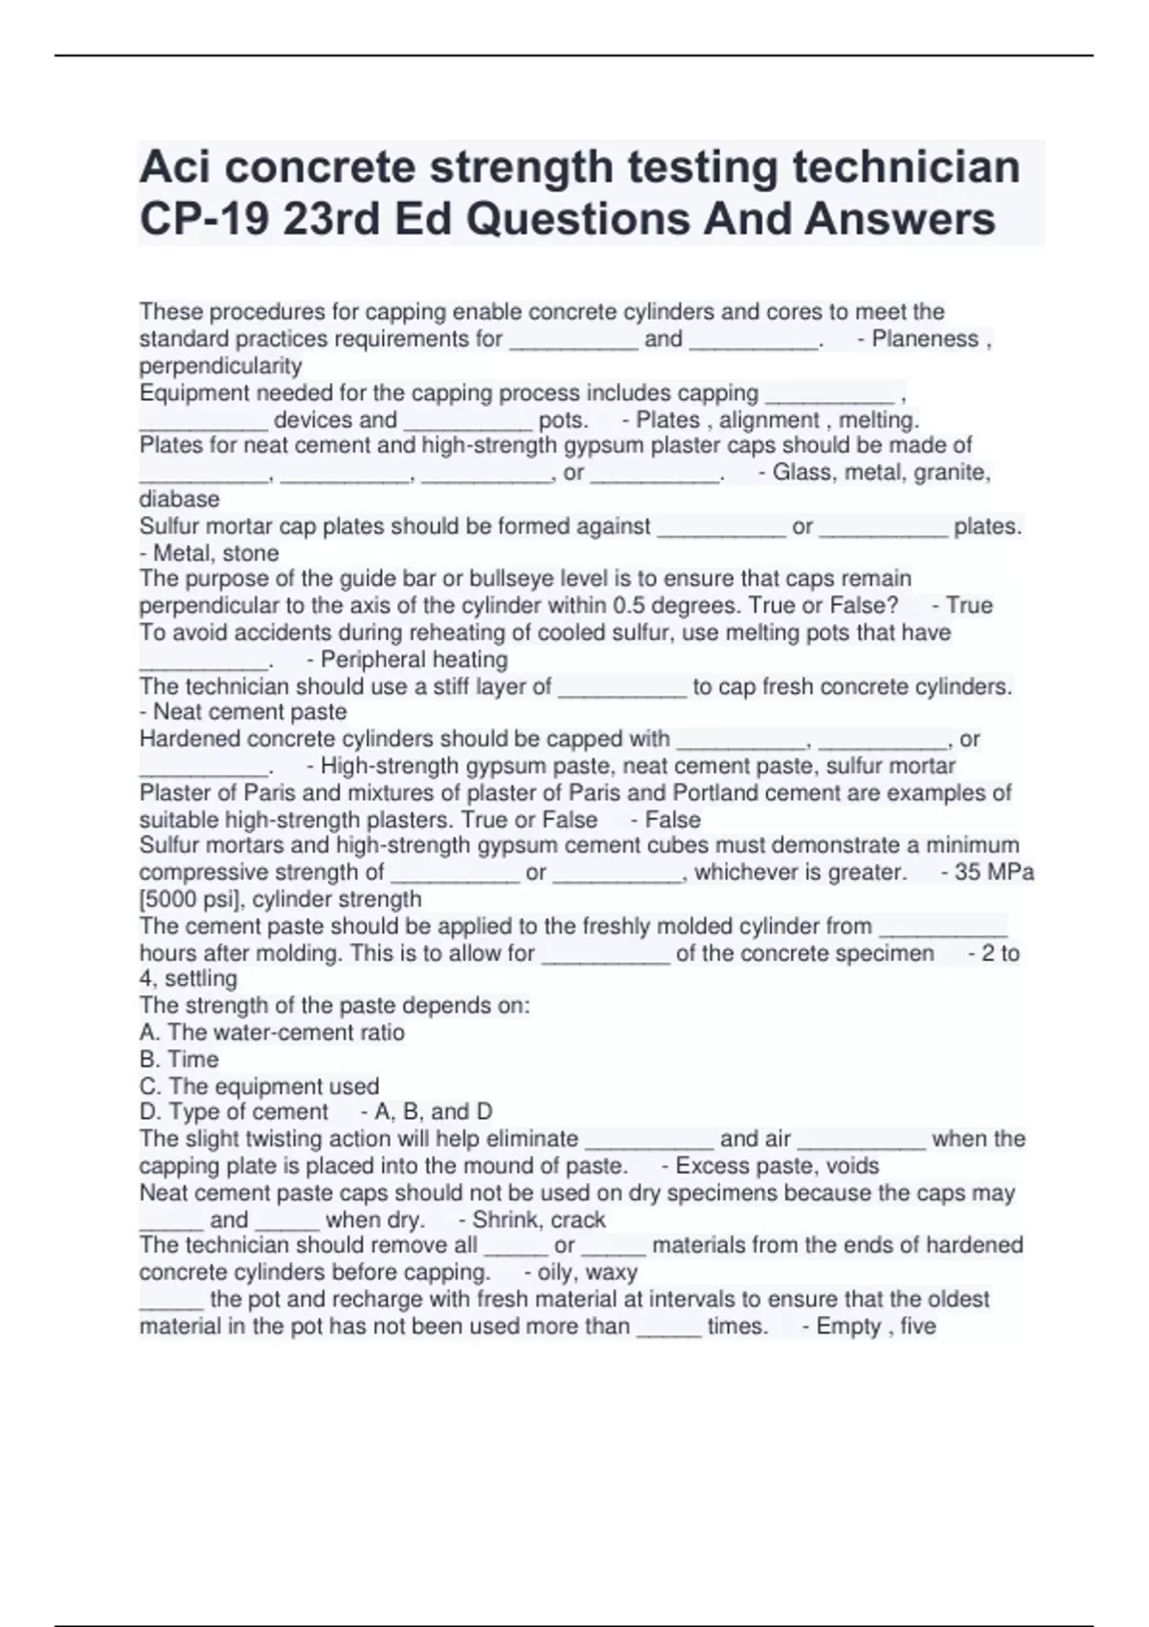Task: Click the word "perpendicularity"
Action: pos(220,366)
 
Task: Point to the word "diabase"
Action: pos(179,499)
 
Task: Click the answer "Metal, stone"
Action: pos(215,553)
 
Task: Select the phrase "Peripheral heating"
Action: pos(414,659)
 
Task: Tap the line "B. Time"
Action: pos(179,1059)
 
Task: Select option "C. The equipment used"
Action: pos(259,1086)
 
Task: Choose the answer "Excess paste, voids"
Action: pos(777,1166)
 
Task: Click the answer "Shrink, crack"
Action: pos(538,1220)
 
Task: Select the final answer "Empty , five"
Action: pos(875,1326)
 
